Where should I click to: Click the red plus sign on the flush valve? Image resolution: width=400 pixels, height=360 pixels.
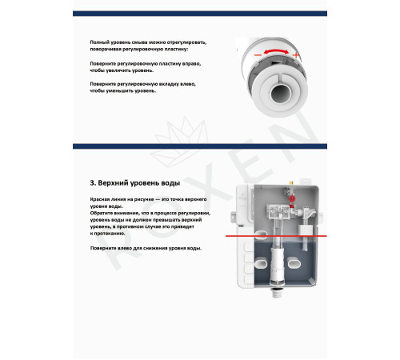(297, 54)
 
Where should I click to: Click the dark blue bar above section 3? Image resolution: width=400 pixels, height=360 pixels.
(199, 147)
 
